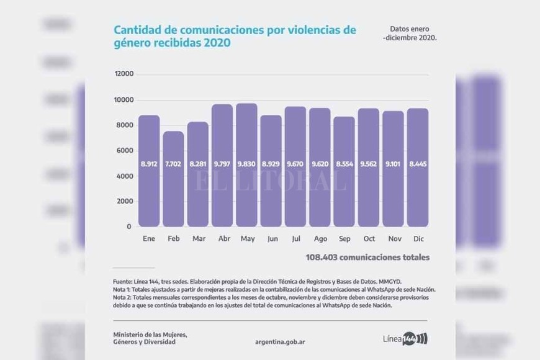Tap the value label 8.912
tap(149, 164)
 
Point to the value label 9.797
tap(222, 164)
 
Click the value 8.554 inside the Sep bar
tap(344, 164)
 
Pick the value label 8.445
tap(417, 164)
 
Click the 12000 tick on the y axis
tap(124, 74)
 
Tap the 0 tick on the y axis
tap(129, 227)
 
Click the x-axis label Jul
tap(295, 239)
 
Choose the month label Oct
tap(369, 239)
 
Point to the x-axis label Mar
tap(198, 239)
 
